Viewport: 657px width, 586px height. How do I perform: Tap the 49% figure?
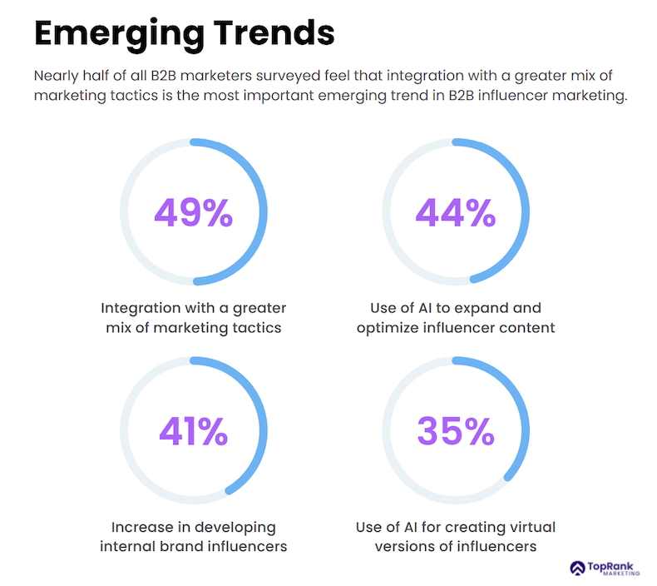193,212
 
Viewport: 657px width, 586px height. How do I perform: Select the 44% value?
455,212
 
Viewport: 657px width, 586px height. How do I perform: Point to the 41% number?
193,430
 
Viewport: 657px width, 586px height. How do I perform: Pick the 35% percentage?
455,430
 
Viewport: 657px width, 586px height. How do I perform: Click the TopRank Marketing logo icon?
578,568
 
